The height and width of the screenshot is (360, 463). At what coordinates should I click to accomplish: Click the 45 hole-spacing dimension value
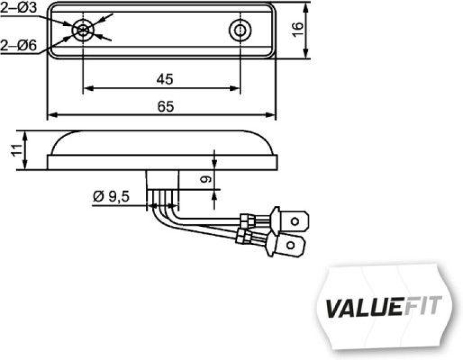[x=164, y=80]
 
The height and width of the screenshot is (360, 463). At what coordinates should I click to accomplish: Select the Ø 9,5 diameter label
[x=111, y=197]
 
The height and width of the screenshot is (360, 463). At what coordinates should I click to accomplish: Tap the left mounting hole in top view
[x=83, y=30]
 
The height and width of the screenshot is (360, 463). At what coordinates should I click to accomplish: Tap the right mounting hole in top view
[x=239, y=30]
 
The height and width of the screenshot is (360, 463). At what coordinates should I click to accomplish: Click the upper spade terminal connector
[x=294, y=221]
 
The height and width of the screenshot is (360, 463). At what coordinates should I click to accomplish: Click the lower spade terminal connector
[x=290, y=248]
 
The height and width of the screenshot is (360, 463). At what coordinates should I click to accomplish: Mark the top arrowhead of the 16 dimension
[x=306, y=6]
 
